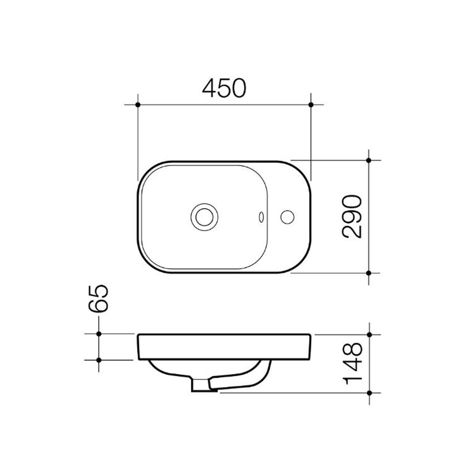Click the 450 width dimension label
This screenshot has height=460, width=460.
click(x=224, y=88)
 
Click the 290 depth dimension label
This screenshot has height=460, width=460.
click(x=352, y=216)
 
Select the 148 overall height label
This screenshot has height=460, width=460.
click(x=353, y=363)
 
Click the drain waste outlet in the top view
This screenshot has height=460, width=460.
click(x=205, y=217)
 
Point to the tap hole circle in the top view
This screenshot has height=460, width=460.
click(x=287, y=217)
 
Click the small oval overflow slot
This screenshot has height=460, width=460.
click(x=261, y=217)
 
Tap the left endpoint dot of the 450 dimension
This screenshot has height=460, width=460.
click(x=138, y=105)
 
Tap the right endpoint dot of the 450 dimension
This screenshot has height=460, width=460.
click(x=311, y=105)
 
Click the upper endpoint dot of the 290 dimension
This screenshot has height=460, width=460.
click(x=369, y=161)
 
